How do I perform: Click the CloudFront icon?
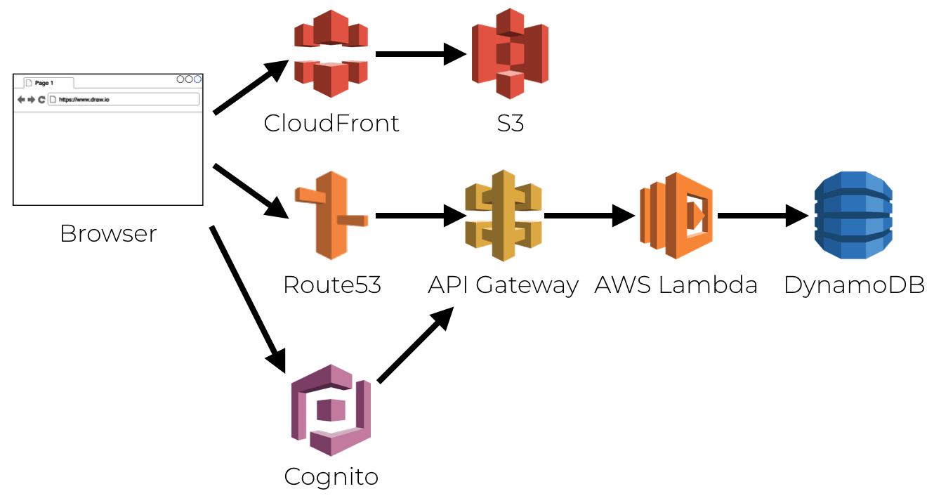pyautogui.click(x=331, y=53)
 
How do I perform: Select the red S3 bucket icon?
pyautogui.click(x=510, y=53)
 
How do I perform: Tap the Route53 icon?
pyautogui.click(x=331, y=215)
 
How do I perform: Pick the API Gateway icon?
pyautogui.click(x=504, y=215)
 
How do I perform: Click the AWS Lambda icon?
pyautogui.click(x=676, y=215)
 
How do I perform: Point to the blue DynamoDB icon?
pyautogui.click(x=853, y=215)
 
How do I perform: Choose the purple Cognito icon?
pyautogui.click(x=331, y=410)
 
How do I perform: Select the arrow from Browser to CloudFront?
pyautogui.click(x=250, y=87)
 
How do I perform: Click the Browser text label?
pyautogui.click(x=108, y=234)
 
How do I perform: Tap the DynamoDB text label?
pyautogui.click(x=854, y=285)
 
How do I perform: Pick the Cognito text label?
pyautogui.click(x=331, y=477)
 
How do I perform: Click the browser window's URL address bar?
pyautogui.click(x=124, y=100)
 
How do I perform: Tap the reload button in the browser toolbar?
pyautogui.click(x=41, y=100)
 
